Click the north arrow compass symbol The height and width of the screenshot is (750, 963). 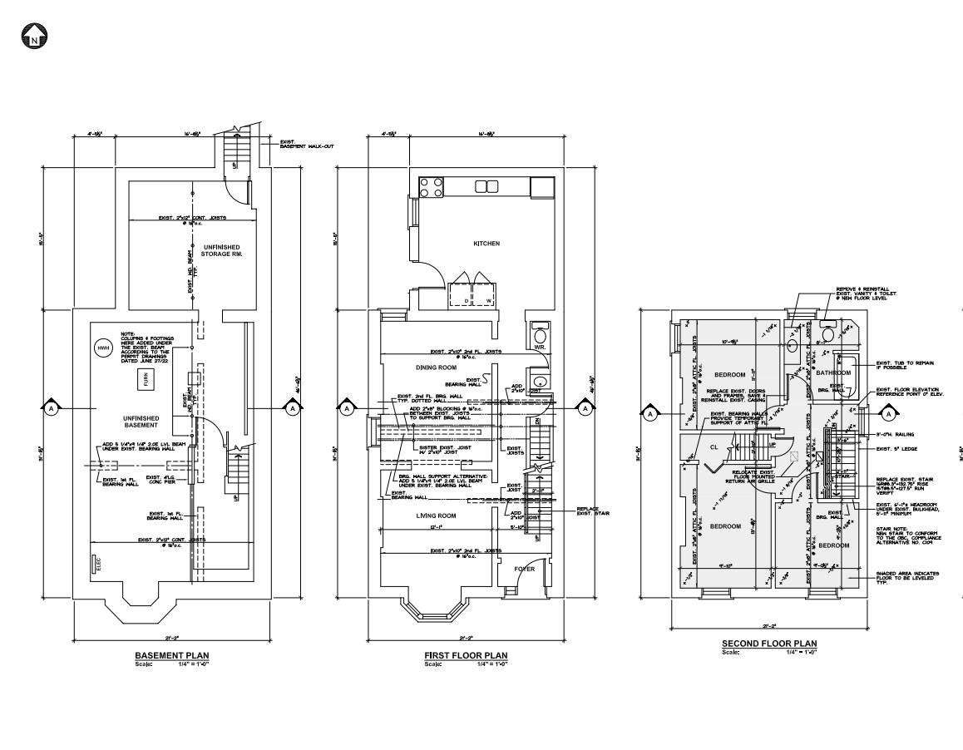(35, 36)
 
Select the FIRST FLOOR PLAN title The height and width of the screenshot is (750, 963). (466, 655)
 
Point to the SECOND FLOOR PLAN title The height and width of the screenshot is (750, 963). (768, 644)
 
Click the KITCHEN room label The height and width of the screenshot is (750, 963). (486, 244)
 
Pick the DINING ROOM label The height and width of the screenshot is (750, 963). (437, 367)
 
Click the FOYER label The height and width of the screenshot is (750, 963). (524, 569)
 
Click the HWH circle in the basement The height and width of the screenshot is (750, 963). (103, 348)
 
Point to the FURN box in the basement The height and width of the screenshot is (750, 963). (145, 380)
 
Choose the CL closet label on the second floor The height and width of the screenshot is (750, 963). (714, 447)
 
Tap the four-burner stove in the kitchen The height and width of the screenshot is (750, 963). (431, 187)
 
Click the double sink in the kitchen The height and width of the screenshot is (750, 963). (486, 186)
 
